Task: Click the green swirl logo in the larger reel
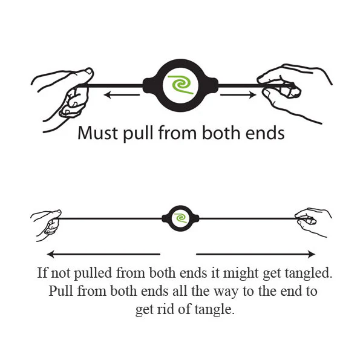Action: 181,85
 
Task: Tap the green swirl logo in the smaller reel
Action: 180,218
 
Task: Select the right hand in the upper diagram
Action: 294,93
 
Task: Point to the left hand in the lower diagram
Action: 47,225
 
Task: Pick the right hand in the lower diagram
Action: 313,222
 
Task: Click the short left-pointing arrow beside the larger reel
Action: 122,95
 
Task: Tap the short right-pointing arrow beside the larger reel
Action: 238,95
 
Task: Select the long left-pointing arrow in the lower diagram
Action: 103,254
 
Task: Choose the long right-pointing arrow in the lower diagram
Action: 255,254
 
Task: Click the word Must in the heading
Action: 97,133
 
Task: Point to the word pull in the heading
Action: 138,134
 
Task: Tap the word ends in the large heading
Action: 265,133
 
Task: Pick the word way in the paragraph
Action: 225,292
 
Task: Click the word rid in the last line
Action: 165,309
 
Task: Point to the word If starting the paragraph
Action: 42,272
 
